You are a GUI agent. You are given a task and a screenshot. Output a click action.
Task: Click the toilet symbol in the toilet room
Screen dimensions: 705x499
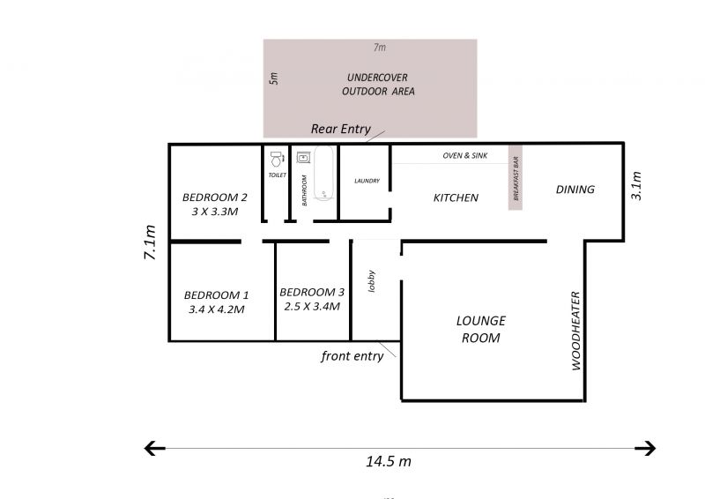pos(277,160)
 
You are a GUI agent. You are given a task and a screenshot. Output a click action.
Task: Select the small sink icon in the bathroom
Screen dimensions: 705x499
pos(303,158)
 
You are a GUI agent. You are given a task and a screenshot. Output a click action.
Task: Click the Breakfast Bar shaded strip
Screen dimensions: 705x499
pos(516,178)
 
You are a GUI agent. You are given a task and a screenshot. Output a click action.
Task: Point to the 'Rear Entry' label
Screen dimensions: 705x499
pos(341,129)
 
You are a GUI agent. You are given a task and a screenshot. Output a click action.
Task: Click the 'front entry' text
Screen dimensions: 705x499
pos(352,356)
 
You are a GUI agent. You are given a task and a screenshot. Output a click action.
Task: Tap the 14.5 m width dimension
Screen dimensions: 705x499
pos(389,461)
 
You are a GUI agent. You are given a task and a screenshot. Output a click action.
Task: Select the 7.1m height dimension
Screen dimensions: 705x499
pos(150,242)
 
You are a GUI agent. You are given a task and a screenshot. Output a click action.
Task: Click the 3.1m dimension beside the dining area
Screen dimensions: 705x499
pos(636,185)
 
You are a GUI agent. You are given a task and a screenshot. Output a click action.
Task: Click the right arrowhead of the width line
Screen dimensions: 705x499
pos(645,448)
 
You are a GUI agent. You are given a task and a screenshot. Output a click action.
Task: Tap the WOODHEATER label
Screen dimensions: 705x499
pos(576,331)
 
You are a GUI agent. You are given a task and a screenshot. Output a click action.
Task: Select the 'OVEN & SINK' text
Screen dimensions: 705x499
pos(465,156)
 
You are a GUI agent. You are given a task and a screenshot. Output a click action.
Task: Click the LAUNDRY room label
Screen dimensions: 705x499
pos(367,181)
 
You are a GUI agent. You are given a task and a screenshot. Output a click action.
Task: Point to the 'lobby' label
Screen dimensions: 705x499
pos(371,281)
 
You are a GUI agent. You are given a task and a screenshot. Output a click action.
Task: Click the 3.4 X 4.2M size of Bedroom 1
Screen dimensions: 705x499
pos(216,309)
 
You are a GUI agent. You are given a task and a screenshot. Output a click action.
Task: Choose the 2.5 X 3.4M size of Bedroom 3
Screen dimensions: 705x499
pos(312,307)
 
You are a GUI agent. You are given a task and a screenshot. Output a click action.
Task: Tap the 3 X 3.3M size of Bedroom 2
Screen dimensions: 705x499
pos(215,212)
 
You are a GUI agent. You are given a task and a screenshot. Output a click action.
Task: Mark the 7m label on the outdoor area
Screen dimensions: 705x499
pos(380,48)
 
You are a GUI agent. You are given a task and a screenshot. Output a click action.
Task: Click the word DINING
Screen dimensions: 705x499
pos(575,190)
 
